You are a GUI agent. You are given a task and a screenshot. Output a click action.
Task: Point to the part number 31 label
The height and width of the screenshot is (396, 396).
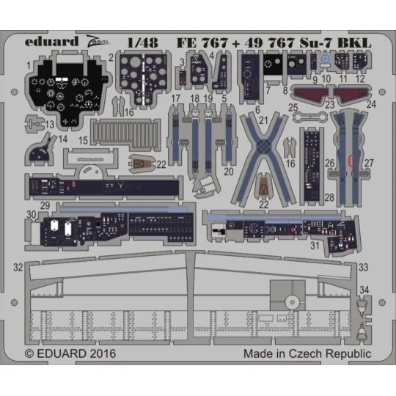[x=316, y=245]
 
